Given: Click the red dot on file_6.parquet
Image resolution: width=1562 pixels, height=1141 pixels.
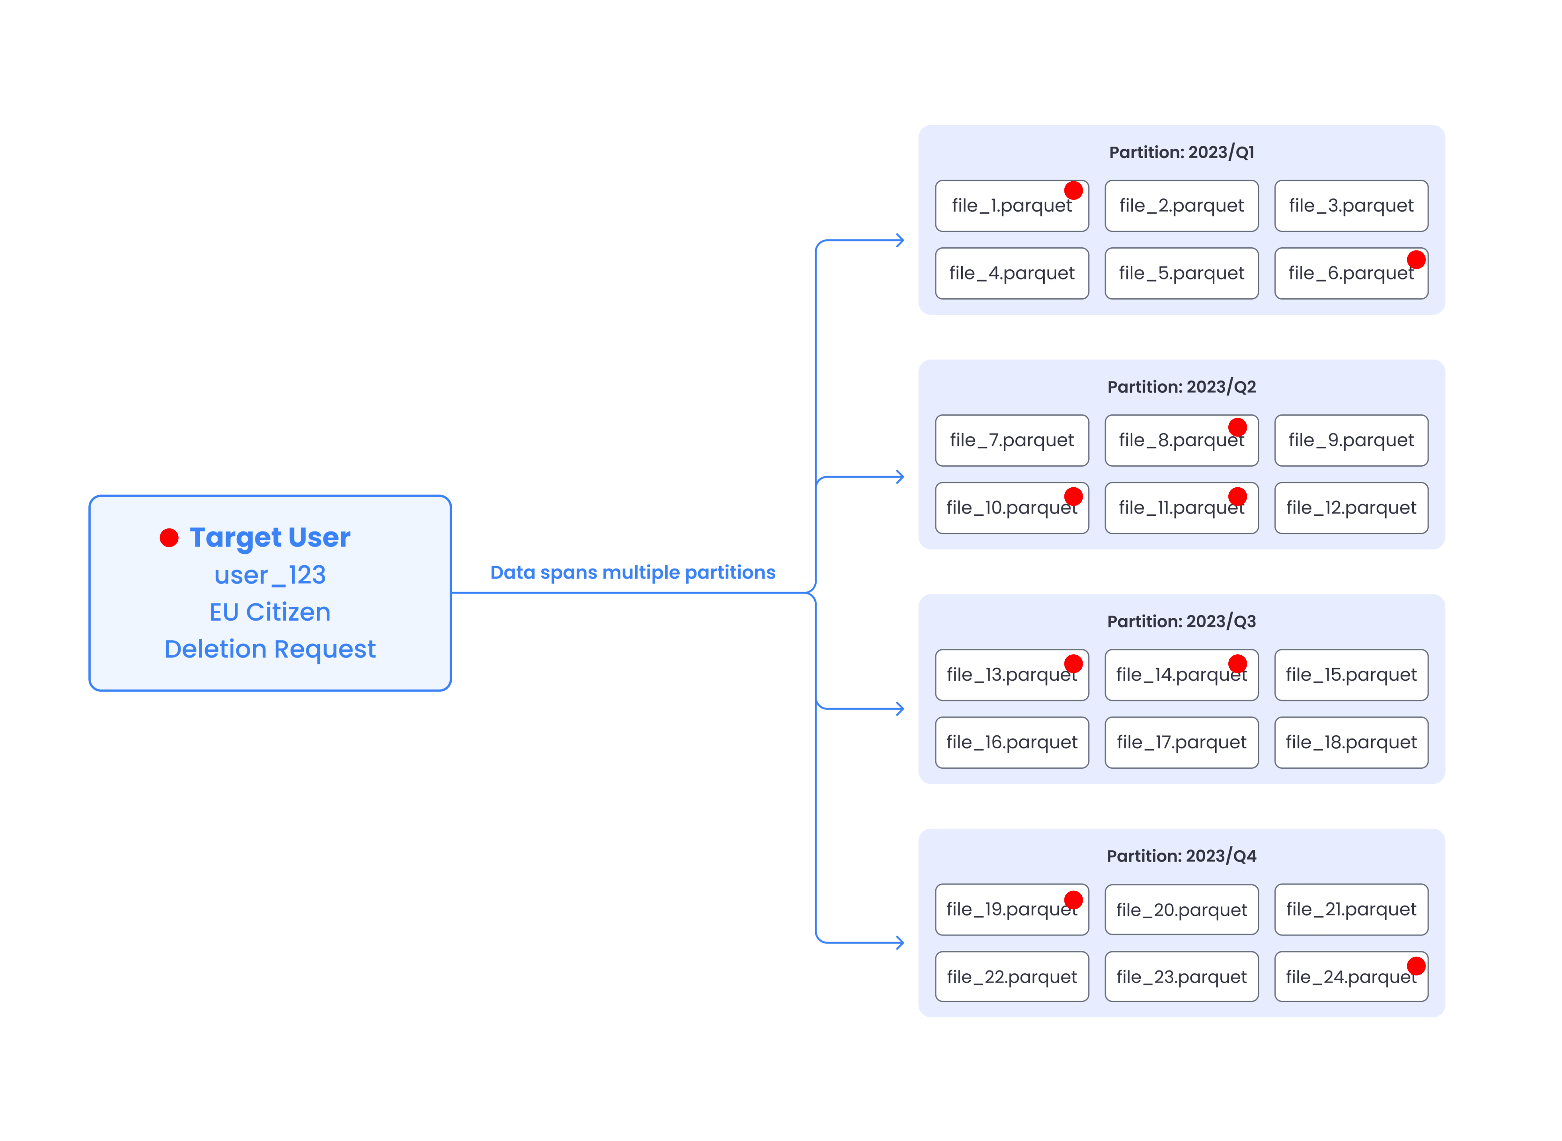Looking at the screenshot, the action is click(x=1416, y=260).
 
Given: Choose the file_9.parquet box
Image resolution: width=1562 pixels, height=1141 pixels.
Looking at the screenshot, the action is click(x=1351, y=441).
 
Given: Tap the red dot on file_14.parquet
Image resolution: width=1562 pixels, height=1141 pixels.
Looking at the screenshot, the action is click(x=1237, y=664).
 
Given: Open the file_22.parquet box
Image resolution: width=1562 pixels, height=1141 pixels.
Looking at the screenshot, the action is click(x=1012, y=977).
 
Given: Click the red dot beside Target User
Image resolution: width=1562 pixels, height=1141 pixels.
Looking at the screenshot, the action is click(x=169, y=537).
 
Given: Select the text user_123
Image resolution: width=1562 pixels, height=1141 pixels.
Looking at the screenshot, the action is click(x=270, y=575).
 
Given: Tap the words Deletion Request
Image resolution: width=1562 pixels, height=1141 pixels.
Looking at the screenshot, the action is click(x=270, y=649).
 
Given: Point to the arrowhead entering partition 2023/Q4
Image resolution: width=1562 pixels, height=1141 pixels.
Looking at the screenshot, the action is click(x=900, y=943).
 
